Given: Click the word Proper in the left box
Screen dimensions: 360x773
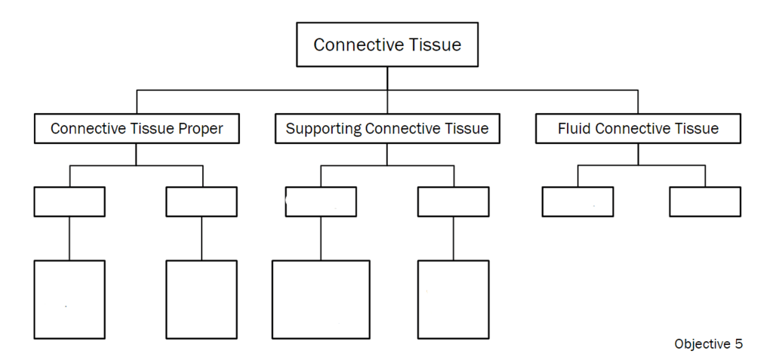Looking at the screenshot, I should coord(200,129).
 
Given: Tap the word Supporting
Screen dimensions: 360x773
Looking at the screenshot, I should coord(324,129).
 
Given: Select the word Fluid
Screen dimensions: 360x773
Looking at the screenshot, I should coord(574,129).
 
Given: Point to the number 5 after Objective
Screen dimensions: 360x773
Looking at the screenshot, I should coord(738,344).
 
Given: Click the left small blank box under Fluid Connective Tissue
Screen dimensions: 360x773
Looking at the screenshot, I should coord(577,202).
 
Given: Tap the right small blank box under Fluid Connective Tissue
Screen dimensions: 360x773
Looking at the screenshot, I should coord(705,202).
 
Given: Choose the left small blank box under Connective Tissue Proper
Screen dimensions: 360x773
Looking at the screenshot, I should coord(69,202).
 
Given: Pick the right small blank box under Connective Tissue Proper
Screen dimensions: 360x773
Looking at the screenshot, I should coord(202,202).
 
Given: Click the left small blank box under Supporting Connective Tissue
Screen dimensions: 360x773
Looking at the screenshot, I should coord(321,202).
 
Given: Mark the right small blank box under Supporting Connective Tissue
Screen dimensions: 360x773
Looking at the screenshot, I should coord(453,202).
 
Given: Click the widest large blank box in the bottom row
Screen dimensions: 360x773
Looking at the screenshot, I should coord(321,299).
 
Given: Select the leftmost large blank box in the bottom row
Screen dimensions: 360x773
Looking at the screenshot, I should coord(69,299).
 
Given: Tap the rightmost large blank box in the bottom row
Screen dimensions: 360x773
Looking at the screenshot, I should coord(453,299).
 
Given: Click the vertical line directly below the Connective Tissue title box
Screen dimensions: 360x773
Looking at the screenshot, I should coord(387,78).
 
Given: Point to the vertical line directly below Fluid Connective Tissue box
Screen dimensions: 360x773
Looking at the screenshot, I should coord(638,154).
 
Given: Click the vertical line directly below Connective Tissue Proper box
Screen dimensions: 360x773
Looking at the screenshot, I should coord(137,154).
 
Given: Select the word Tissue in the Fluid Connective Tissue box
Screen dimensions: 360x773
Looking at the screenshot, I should coord(698,129).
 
